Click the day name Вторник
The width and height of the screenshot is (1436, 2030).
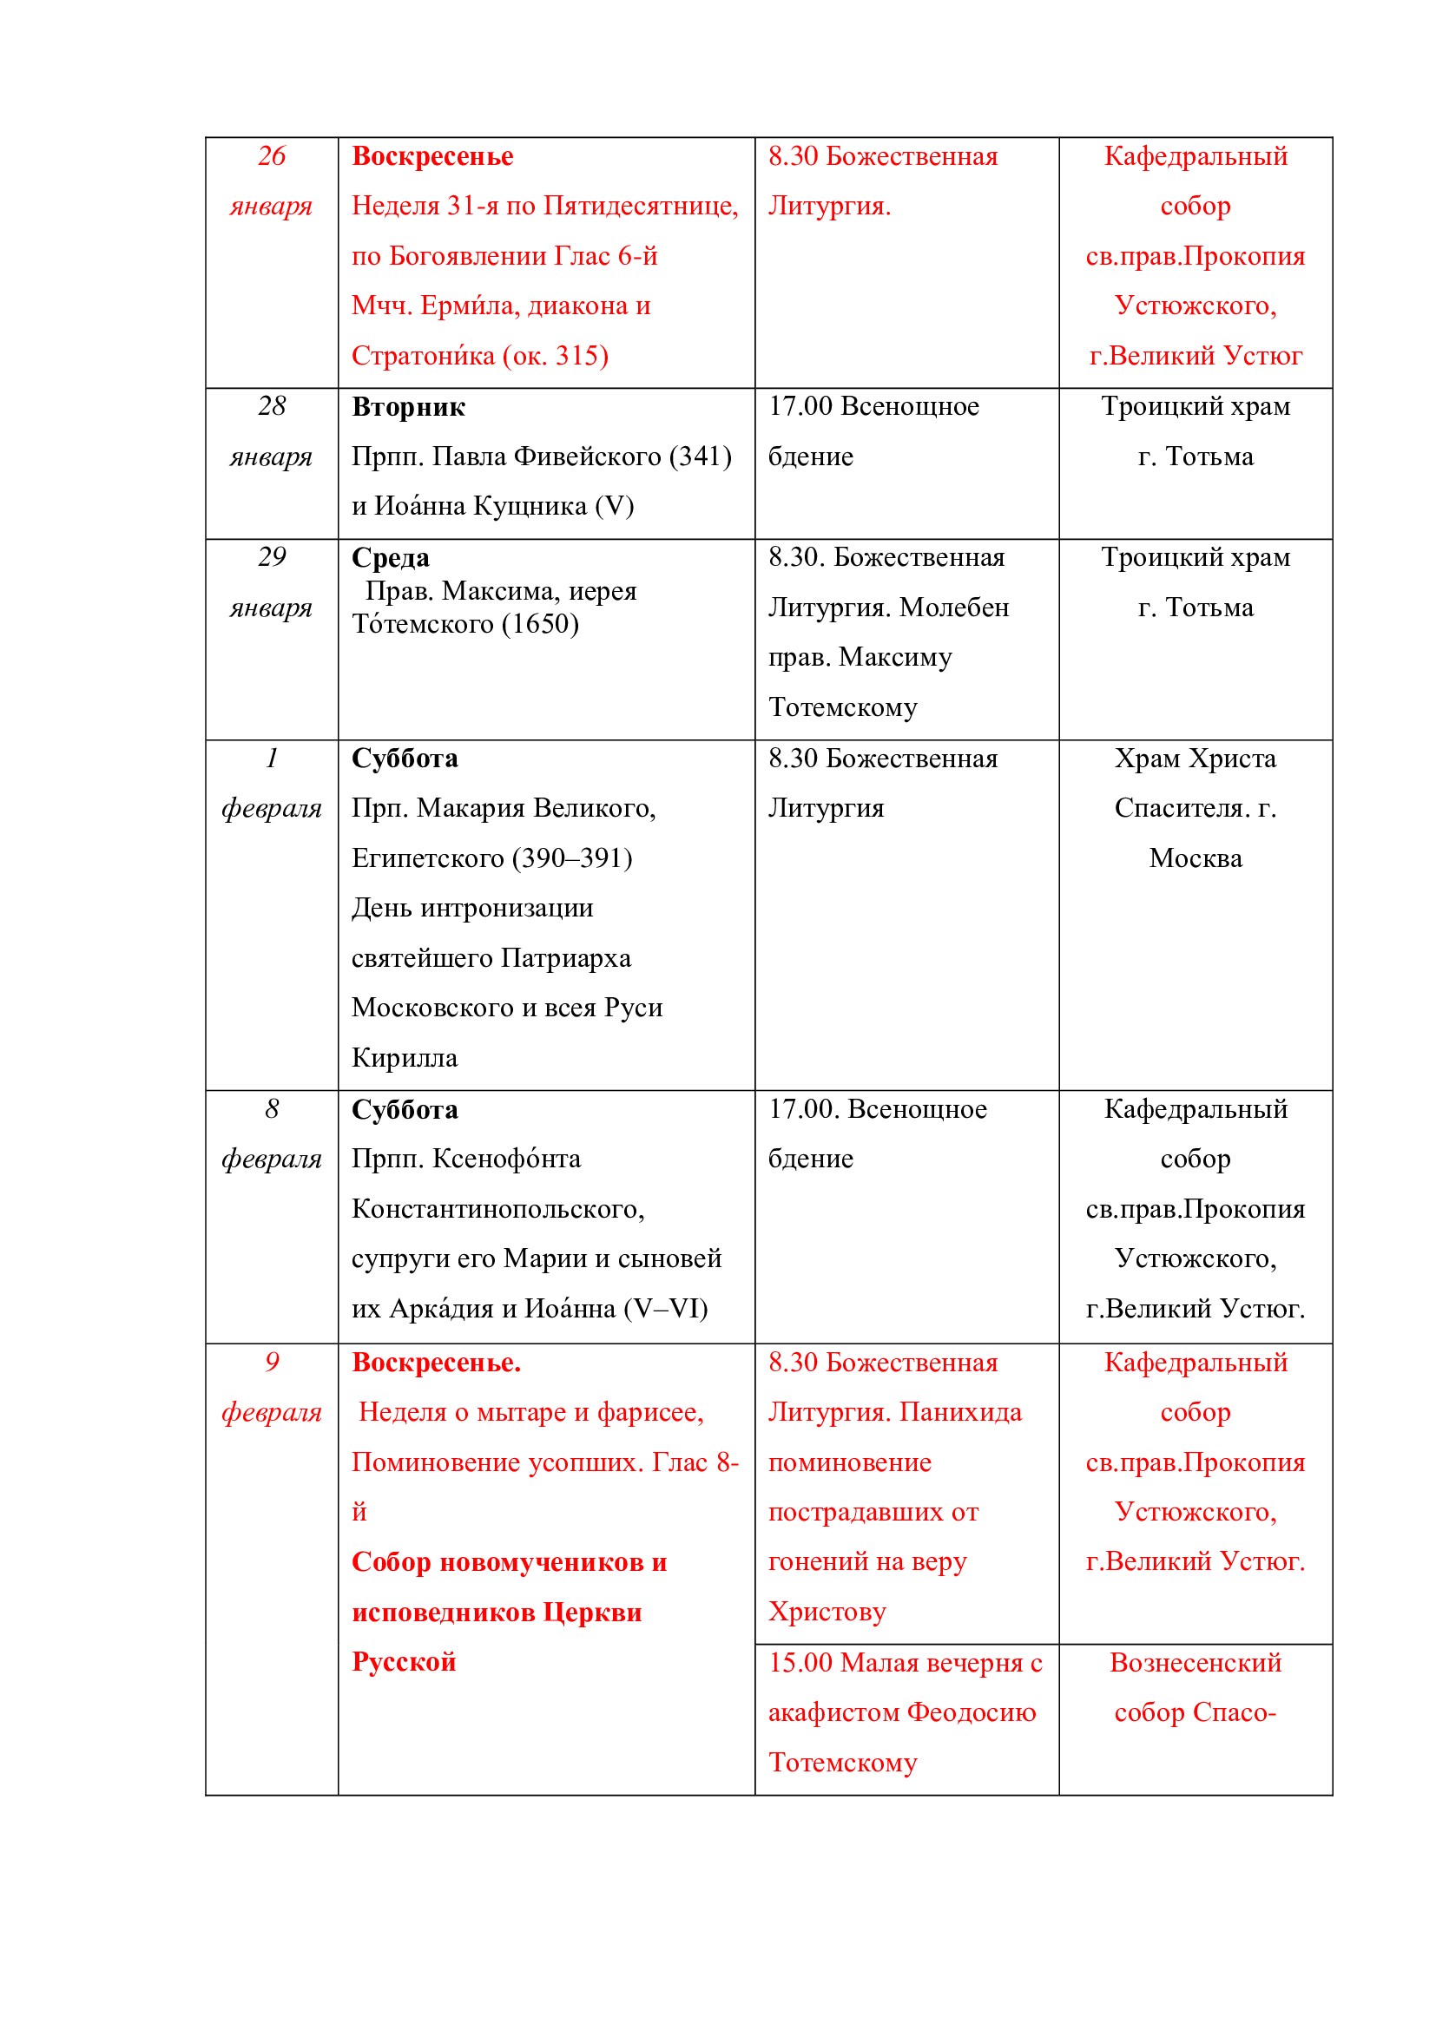tap(408, 407)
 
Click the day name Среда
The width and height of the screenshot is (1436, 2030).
tap(390, 557)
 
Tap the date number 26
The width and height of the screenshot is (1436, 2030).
tap(272, 155)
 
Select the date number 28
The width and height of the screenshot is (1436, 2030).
tap(272, 406)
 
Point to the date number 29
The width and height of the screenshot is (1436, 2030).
tap(272, 556)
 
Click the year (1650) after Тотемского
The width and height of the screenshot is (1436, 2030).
tap(539, 624)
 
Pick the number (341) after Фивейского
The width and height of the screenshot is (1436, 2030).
tap(701, 457)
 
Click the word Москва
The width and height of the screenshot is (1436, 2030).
tap(1195, 857)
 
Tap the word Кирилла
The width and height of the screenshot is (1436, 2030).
tap(404, 1057)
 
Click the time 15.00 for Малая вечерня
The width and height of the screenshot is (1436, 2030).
tap(800, 1662)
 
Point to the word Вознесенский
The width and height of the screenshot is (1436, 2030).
tap(1195, 1662)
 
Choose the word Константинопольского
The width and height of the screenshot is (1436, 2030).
tap(497, 1209)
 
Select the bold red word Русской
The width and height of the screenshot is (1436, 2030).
tap(403, 1661)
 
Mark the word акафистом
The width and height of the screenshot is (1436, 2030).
tap(833, 1711)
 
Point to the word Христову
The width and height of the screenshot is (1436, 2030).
tap(826, 1611)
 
